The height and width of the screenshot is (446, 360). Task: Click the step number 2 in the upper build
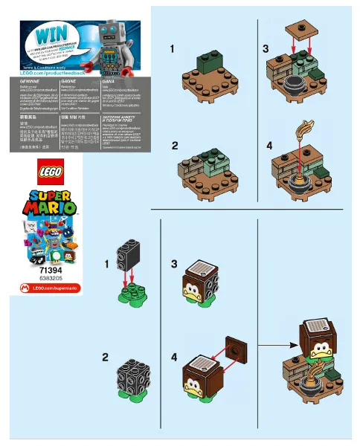tap(175, 145)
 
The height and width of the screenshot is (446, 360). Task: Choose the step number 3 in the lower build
tap(174, 263)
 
